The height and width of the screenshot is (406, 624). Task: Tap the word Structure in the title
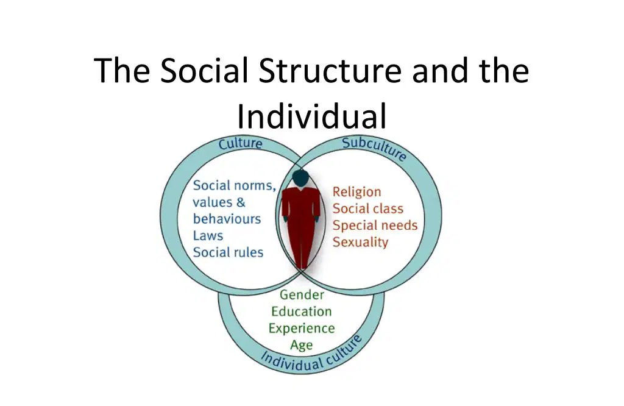point(330,71)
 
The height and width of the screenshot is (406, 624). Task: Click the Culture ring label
point(240,143)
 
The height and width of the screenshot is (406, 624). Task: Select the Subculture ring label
point(375,149)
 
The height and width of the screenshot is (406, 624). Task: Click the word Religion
point(356,192)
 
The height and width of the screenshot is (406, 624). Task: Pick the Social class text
point(367,208)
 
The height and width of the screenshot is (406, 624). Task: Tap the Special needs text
point(375,226)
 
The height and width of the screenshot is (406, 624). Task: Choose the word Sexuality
point(360,242)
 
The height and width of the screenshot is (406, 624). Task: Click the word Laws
point(208,236)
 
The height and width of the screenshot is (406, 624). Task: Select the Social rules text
point(228,252)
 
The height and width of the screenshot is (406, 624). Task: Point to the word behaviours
point(227,219)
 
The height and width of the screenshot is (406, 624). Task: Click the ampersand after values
point(241,202)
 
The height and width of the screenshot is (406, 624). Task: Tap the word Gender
point(302,294)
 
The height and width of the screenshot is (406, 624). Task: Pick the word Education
point(301,312)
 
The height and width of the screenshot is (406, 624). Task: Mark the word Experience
point(301,329)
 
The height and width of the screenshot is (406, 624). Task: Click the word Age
point(301,345)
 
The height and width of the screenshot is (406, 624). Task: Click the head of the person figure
point(300,177)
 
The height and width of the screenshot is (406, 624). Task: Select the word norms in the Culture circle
point(254,186)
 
